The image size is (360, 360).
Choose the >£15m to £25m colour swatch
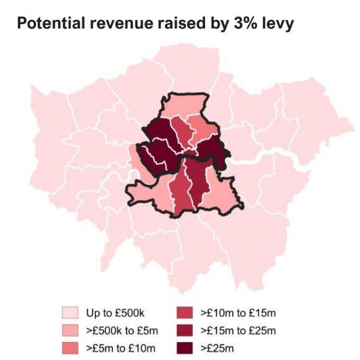(x=190, y=329)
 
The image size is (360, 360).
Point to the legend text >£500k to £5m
(x=121, y=329)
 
